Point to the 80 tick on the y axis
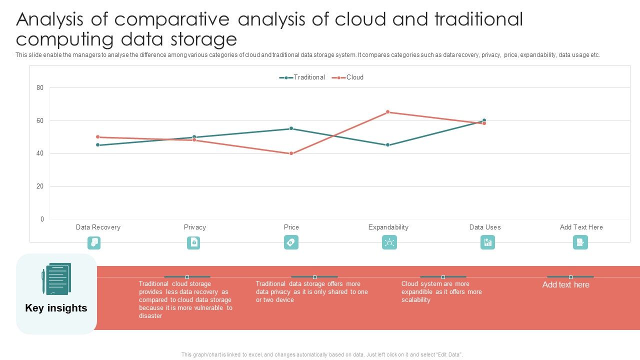coord(40,88)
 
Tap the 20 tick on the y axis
coord(40,186)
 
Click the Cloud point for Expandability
coord(387,112)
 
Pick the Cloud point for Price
coord(291,153)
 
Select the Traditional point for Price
coord(291,128)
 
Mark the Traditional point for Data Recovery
coord(98,145)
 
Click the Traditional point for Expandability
coord(387,145)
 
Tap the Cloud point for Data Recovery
coord(98,137)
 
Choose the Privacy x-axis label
coord(194,227)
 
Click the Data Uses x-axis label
coord(484,227)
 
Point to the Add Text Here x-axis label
coord(581,227)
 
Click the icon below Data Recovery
coord(94,242)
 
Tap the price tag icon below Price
coord(291,242)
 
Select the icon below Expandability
coord(389,242)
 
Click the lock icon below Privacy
coord(193,242)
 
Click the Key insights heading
coord(56,308)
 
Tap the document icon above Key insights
coord(56,278)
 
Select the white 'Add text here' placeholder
coord(565,285)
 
